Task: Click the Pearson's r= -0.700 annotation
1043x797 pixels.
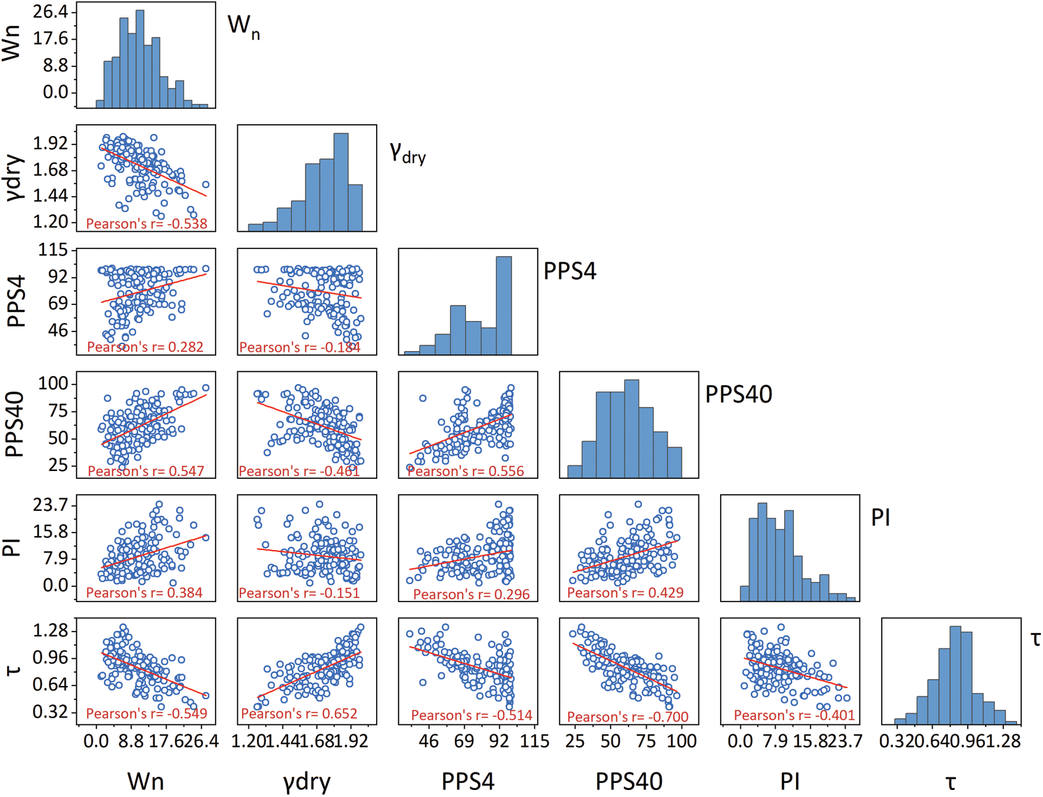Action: tap(627, 717)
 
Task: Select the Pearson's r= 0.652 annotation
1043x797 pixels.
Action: tap(299, 714)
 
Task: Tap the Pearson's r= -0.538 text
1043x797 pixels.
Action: tap(147, 224)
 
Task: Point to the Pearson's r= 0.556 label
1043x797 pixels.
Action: tap(465, 471)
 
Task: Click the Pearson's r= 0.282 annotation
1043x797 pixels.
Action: tap(145, 347)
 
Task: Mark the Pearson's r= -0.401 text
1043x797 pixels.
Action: tap(794, 715)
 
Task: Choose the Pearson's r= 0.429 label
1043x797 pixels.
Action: tap(625, 593)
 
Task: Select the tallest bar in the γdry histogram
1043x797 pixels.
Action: tap(340, 181)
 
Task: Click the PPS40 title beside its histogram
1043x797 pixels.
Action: tap(738, 394)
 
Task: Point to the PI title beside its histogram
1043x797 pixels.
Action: tap(880, 518)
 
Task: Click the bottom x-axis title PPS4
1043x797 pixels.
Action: tap(467, 782)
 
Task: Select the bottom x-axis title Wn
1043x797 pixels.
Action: tap(145, 782)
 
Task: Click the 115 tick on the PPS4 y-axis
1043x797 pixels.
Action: tap(54, 250)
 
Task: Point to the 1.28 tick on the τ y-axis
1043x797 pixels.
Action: tap(51, 631)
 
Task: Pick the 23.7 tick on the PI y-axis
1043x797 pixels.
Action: tap(51, 505)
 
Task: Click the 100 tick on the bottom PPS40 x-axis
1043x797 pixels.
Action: tap(682, 741)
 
